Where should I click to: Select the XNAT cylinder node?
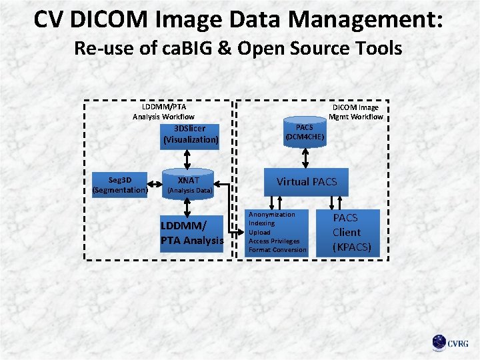(x=189, y=184)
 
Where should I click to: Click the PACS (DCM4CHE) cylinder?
(x=305, y=133)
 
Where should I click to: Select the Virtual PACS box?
(x=307, y=181)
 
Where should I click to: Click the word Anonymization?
(x=271, y=215)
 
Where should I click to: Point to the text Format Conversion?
(x=277, y=249)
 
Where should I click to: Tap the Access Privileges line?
(x=274, y=241)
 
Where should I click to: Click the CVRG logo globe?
(x=439, y=343)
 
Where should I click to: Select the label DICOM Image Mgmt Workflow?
(x=355, y=111)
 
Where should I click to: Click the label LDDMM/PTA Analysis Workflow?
(x=164, y=111)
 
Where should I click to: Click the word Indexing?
(x=261, y=223)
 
